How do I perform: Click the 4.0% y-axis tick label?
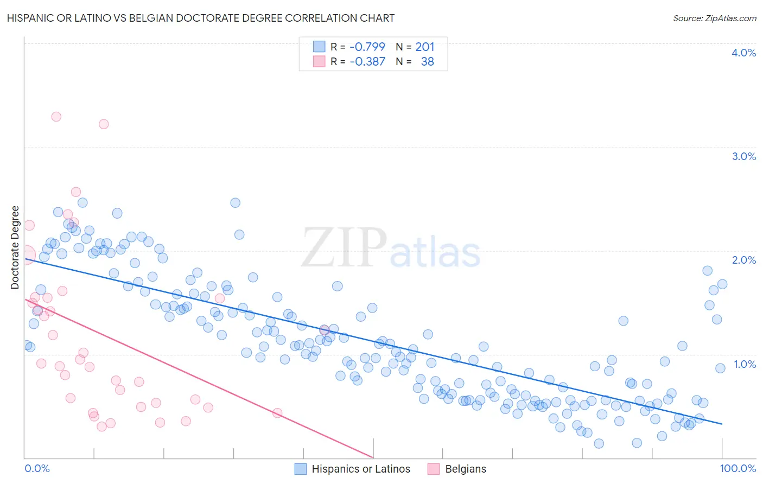tap(743, 53)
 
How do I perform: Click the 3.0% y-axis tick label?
tap(743, 156)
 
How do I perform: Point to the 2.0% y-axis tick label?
tap(743, 260)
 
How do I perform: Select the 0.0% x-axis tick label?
tap(37, 468)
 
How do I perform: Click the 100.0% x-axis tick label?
tap(737, 468)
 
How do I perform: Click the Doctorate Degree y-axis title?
tap(15, 247)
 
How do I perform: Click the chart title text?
tap(200, 18)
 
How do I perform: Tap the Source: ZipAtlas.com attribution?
tap(714, 18)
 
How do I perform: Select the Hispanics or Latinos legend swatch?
tap(301, 469)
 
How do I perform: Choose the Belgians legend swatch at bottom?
tap(433, 469)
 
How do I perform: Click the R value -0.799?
tap(367, 47)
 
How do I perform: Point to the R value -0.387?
tap(367, 61)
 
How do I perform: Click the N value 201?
tap(425, 47)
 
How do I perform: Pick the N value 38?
tap(427, 61)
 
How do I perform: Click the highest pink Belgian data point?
tap(56, 117)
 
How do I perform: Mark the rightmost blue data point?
tap(722, 284)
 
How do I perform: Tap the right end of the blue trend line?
tap(722, 424)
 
